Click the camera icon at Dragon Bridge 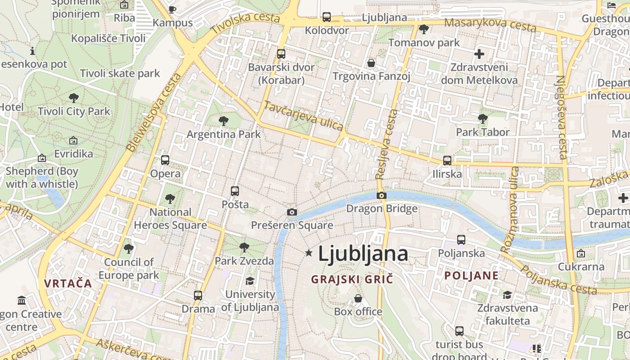(381, 195)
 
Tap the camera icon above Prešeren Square (292, 212)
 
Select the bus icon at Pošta (234, 191)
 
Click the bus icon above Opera (165, 160)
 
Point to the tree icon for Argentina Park (223, 121)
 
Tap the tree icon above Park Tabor (482, 119)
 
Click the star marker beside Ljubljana (309, 253)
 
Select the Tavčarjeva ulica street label (303, 116)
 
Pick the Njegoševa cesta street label (562, 117)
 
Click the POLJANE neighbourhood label (471, 275)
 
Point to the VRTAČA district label (68, 283)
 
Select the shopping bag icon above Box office (358, 298)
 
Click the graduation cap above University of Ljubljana (249, 281)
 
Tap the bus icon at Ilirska (447, 160)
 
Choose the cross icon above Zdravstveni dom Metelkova (479, 54)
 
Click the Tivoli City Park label (74, 111)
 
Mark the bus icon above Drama (198, 296)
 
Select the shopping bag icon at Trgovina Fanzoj (371, 63)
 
